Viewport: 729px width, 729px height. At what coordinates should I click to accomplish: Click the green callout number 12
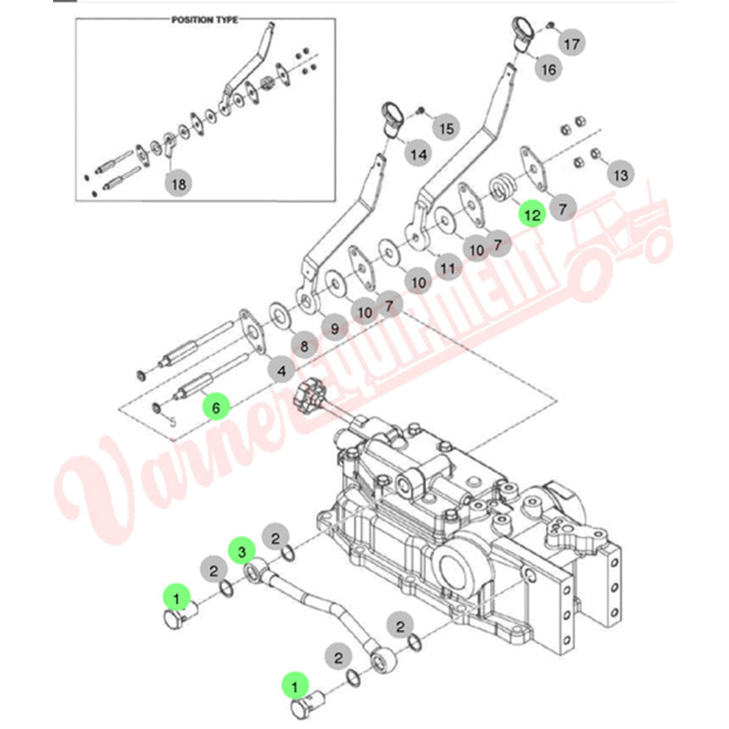[x=532, y=214]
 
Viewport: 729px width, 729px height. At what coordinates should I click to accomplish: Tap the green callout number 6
[x=216, y=406]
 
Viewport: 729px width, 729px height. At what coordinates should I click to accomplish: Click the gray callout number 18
[x=178, y=184]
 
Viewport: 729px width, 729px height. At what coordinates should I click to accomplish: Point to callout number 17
[x=572, y=43]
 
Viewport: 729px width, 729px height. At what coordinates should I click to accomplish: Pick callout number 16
[x=548, y=69]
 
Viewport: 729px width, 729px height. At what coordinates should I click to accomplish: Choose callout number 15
[x=446, y=128]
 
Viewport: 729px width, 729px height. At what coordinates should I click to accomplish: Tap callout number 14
[x=418, y=154]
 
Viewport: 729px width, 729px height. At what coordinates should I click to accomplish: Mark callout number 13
[x=620, y=175]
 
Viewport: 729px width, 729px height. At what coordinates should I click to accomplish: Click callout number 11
[x=447, y=268]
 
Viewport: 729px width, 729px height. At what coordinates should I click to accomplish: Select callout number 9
[x=335, y=328]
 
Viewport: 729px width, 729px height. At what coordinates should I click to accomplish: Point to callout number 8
[x=304, y=346]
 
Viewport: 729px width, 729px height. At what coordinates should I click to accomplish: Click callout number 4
[x=281, y=370]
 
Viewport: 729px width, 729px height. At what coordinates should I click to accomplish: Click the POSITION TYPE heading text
[x=205, y=20]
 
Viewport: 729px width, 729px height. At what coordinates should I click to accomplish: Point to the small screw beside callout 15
[x=421, y=110]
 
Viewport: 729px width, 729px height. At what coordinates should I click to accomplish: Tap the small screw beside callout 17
[x=551, y=24]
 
